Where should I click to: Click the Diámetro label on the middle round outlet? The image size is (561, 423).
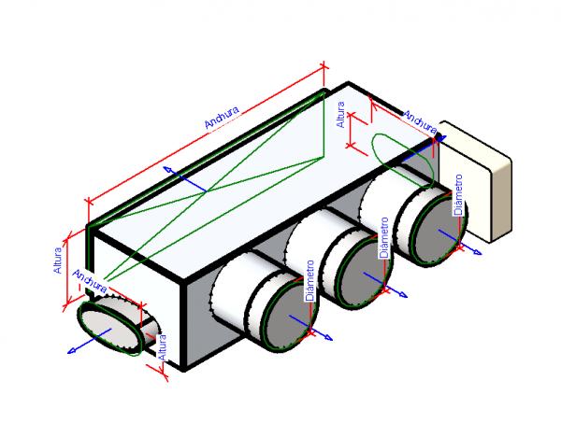[x=384, y=238]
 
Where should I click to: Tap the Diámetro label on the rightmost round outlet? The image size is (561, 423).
[x=457, y=198]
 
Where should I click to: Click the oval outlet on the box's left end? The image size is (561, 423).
[x=110, y=325]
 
